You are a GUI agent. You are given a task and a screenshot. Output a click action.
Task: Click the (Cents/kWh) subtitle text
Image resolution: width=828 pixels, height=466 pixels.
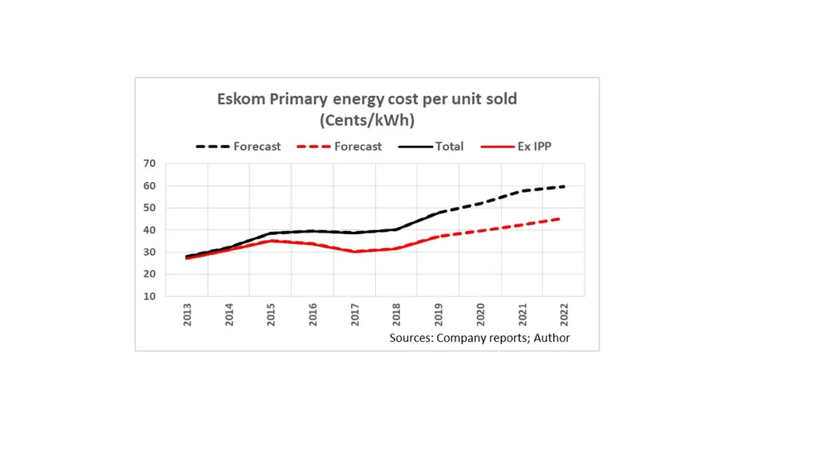(367, 120)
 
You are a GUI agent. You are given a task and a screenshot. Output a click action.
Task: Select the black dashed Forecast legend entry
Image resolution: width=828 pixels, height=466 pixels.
(238, 147)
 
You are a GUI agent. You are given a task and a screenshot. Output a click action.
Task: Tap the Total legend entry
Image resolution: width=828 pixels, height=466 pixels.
(431, 147)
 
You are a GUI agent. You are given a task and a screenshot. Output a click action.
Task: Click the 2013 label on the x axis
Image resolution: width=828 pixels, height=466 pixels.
(187, 314)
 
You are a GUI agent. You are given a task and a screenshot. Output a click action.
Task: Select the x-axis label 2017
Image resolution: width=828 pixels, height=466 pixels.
(354, 314)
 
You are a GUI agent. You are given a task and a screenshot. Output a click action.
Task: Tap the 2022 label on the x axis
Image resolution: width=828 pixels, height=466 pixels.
(564, 314)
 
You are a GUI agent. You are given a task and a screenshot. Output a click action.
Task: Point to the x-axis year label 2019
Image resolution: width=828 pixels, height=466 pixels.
(438, 314)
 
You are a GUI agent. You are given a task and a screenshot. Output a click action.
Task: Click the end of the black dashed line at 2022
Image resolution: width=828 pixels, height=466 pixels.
(564, 186)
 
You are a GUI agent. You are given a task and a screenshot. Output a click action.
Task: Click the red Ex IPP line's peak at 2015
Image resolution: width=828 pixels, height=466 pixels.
(271, 241)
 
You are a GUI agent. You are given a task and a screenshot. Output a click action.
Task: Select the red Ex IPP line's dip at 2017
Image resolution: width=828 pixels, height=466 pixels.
(354, 251)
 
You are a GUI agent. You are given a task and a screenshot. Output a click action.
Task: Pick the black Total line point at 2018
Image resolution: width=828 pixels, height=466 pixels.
(397, 229)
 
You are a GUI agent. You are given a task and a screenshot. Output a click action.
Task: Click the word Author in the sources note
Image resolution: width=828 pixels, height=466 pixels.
(551, 338)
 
